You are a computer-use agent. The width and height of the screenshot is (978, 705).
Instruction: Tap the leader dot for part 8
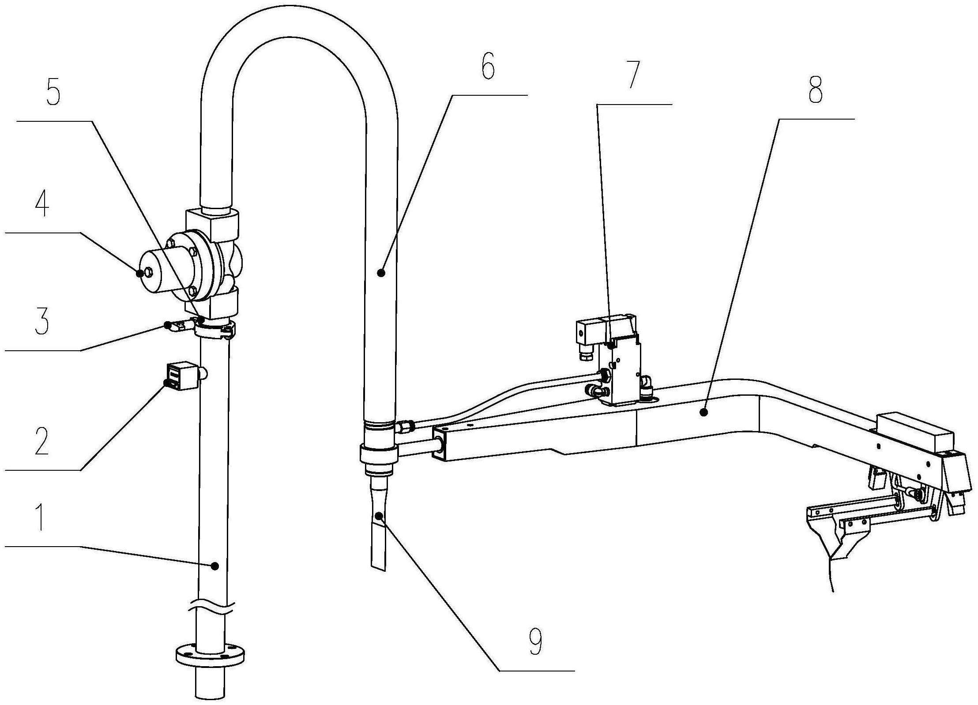[703, 412]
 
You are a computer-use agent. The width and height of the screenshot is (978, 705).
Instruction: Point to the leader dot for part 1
[215, 566]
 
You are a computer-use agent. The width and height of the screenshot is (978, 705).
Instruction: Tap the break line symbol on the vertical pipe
[211, 608]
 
